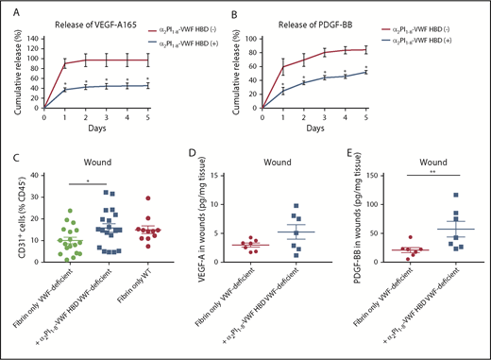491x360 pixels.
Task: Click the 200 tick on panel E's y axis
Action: pos(361,180)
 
